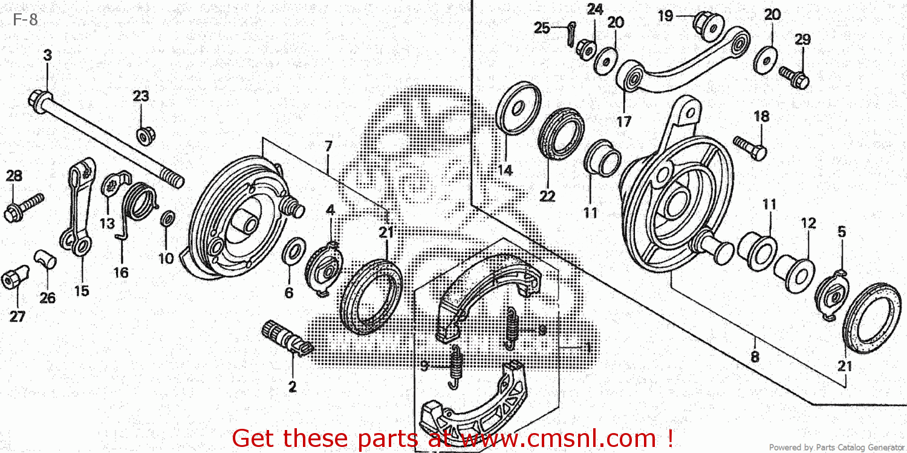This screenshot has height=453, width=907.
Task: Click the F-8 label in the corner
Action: click(25, 20)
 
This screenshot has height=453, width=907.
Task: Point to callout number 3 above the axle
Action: click(47, 55)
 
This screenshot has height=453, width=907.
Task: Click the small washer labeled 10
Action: click(167, 218)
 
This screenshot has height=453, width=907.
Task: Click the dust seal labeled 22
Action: click(562, 134)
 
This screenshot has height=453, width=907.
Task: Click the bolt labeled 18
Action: click(750, 147)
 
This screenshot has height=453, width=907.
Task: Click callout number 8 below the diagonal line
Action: click(754, 357)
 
